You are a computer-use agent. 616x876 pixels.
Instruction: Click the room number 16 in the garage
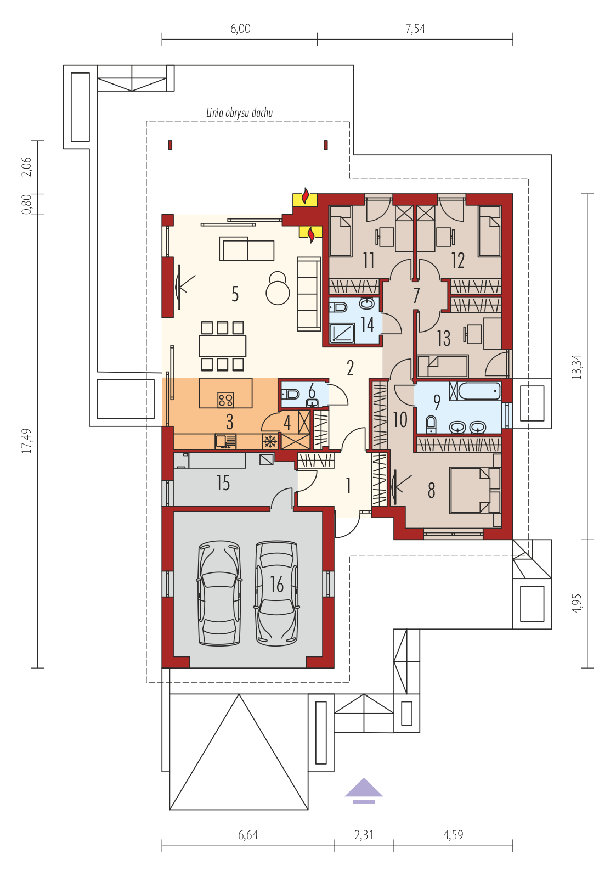[x=276, y=585]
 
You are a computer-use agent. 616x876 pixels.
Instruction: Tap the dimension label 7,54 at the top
[x=415, y=29]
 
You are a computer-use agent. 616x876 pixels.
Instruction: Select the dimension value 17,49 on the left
[x=27, y=441]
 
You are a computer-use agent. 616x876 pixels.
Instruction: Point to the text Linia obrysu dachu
[x=239, y=113]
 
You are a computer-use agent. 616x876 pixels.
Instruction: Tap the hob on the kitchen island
[x=225, y=400]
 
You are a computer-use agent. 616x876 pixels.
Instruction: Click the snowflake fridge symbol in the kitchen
[x=270, y=442]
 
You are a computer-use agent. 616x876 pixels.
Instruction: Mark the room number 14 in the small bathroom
[x=368, y=324]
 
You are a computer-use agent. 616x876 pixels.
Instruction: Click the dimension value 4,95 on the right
[x=577, y=603]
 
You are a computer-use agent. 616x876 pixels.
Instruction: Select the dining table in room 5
[x=222, y=346]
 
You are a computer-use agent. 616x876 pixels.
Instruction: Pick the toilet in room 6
[x=290, y=394]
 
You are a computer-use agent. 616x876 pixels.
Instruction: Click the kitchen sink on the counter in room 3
[x=225, y=441]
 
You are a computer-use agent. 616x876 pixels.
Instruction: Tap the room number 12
[x=457, y=260]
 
